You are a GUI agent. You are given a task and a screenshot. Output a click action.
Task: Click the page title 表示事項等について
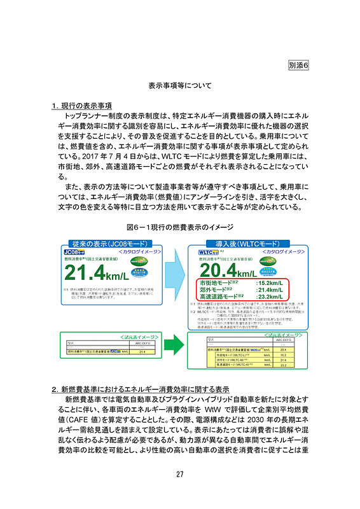pos(180,85)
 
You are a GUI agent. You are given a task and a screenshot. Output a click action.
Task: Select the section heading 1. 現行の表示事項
pos(82,105)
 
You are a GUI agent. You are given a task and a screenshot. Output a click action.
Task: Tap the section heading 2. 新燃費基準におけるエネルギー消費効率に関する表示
pos(141,388)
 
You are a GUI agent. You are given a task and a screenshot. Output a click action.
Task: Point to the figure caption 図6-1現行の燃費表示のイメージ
pos(180,227)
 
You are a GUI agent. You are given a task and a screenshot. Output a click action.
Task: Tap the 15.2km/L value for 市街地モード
pos(274,282)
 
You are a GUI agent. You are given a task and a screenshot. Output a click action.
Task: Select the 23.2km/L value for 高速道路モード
pos(274,296)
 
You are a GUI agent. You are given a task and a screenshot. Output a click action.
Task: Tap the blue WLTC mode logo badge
pos(202,253)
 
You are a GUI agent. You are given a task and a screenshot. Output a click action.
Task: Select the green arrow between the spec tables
pos(167,348)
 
